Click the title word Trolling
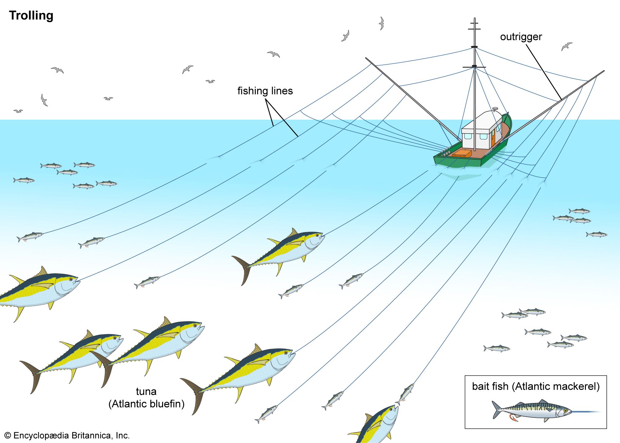[31, 16]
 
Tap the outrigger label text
[521, 37]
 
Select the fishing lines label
[265, 91]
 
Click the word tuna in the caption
[146, 392]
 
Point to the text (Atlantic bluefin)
[146, 404]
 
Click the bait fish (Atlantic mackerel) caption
[536, 386]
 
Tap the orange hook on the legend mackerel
[513, 419]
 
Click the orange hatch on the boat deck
[462, 153]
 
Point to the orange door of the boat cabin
[493, 138]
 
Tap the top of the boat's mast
[475, 19]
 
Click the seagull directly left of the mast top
[382, 23]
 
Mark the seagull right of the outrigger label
[567, 46]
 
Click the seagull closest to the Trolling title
[58, 70]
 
